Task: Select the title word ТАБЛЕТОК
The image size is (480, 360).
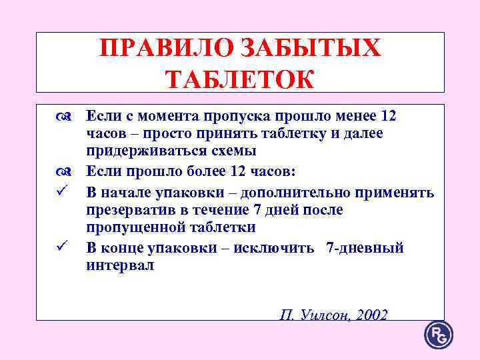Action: coord(240,79)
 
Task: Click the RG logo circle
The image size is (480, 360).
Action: coord(438,333)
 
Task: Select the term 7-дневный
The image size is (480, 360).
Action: coord(365,248)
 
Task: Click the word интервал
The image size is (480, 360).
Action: coord(120,265)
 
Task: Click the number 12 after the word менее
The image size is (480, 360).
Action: coord(387,116)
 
